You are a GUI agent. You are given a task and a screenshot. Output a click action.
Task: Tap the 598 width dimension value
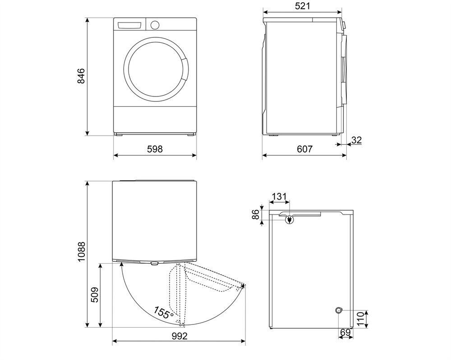click(155, 149)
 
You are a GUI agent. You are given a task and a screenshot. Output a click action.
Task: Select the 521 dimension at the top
click(301, 6)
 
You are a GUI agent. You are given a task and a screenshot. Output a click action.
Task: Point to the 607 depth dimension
click(304, 149)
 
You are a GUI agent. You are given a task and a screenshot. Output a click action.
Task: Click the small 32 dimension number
click(356, 140)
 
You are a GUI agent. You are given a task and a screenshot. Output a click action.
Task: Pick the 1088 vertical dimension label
click(81, 255)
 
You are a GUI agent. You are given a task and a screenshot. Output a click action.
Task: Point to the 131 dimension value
click(280, 196)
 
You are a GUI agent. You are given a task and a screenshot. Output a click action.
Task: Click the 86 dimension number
click(255, 215)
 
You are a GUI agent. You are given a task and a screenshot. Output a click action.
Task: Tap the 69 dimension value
click(345, 333)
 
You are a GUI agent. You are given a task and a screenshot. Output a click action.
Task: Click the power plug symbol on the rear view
click(288, 219)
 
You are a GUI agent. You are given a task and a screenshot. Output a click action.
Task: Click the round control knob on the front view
click(155, 25)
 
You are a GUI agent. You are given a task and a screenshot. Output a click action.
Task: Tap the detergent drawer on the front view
click(130, 25)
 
